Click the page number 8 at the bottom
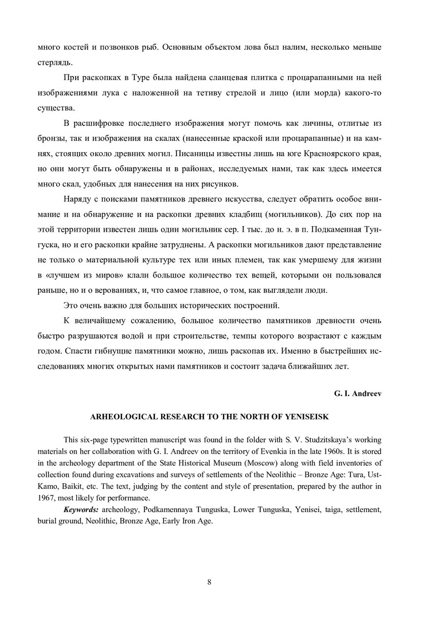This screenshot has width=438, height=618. click(x=210, y=583)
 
